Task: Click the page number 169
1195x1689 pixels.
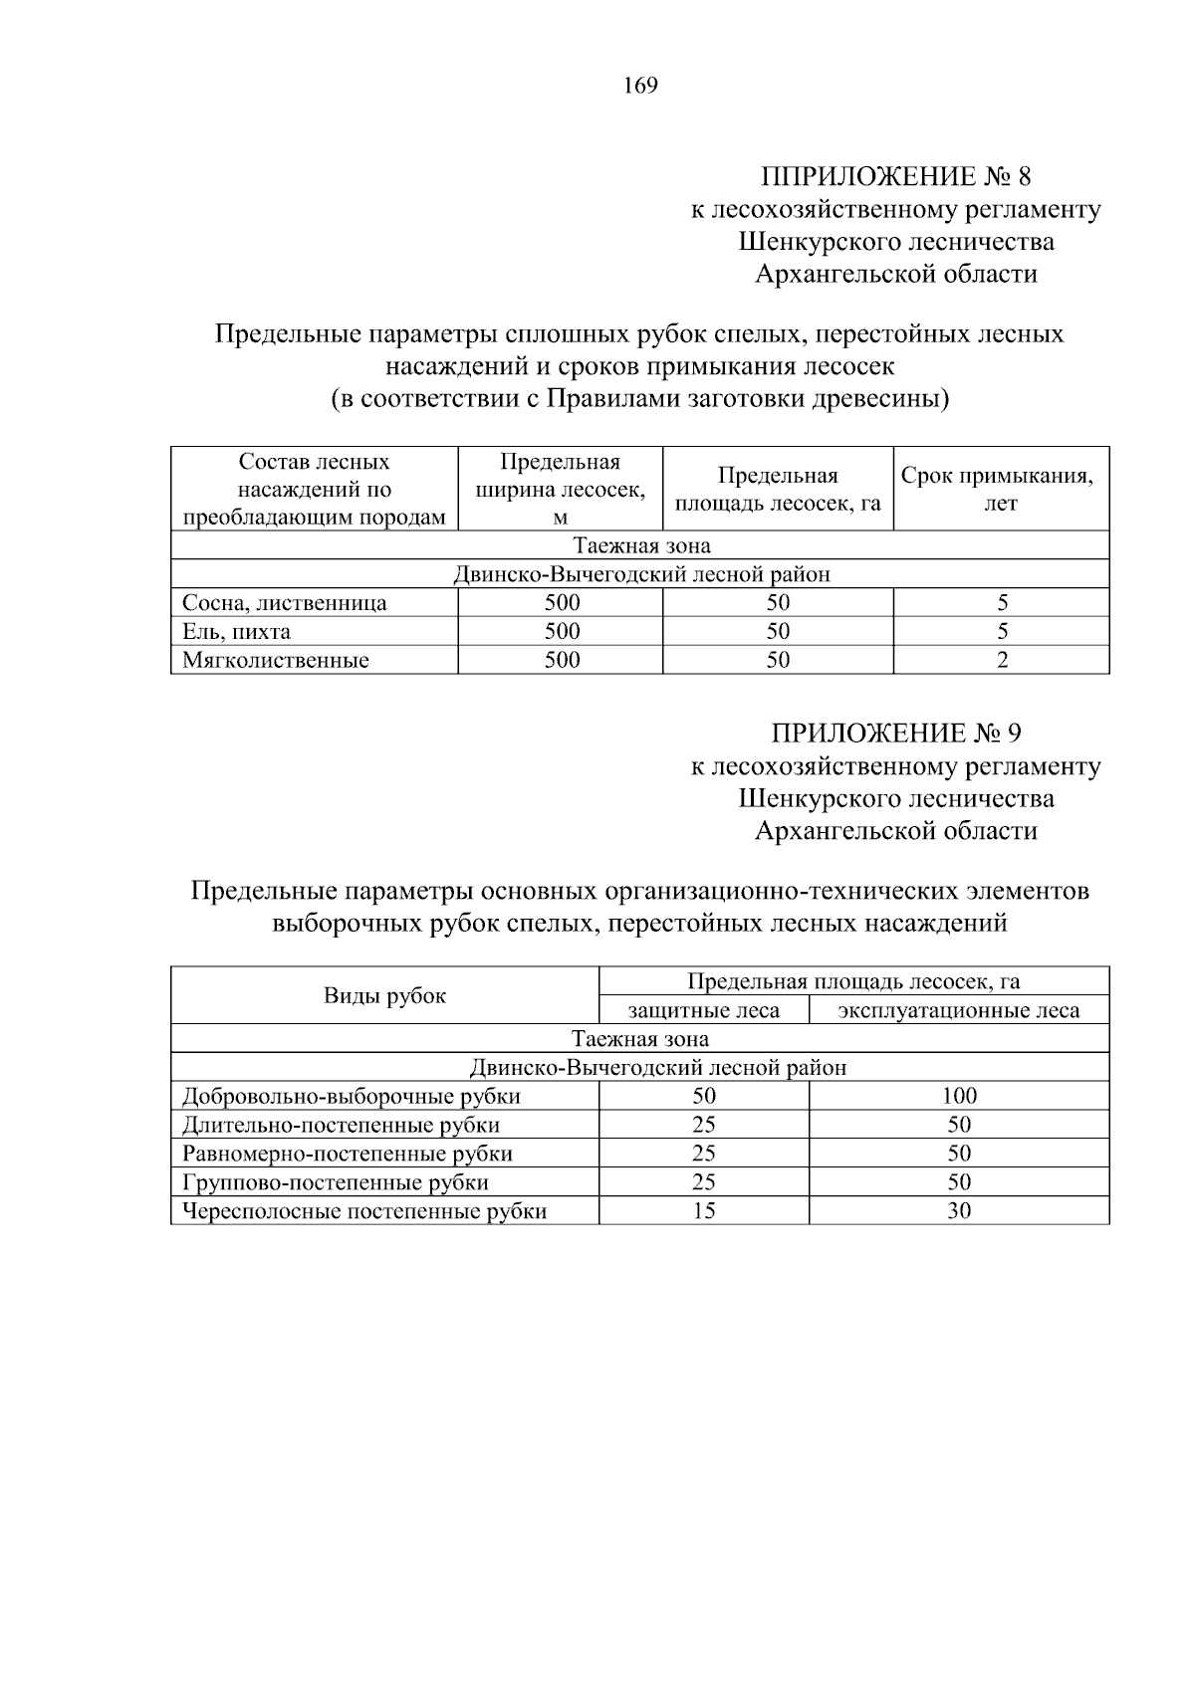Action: coord(640,86)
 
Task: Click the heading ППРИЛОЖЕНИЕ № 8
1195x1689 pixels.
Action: coord(895,177)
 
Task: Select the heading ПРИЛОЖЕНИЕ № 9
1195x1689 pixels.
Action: coord(895,734)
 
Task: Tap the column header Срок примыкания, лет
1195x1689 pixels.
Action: coord(1000,489)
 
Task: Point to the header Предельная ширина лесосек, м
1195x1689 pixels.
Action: coord(560,489)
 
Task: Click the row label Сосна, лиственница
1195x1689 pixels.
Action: coord(284,603)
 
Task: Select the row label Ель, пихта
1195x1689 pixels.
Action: coord(236,632)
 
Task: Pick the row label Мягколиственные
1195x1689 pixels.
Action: coord(275,660)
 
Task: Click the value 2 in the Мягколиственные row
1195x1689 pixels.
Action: coord(1002,660)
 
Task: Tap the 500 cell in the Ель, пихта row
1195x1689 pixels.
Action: coord(562,632)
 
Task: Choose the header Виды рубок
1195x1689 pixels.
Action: coord(384,995)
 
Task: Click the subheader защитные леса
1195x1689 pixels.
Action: coord(703,1011)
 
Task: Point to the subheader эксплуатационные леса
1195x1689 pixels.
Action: coord(958,1011)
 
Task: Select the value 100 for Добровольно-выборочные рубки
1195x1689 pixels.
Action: coord(959,1097)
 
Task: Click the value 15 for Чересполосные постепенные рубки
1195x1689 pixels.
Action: coord(704,1211)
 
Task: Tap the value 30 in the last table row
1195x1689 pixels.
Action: coord(959,1211)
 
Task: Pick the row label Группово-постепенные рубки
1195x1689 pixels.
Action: coord(335,1182)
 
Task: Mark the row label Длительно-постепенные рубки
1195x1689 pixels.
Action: coord(341,1126)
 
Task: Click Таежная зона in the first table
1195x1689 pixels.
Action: coord(640,545)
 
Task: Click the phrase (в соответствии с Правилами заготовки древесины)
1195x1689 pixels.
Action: coord(639,400)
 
